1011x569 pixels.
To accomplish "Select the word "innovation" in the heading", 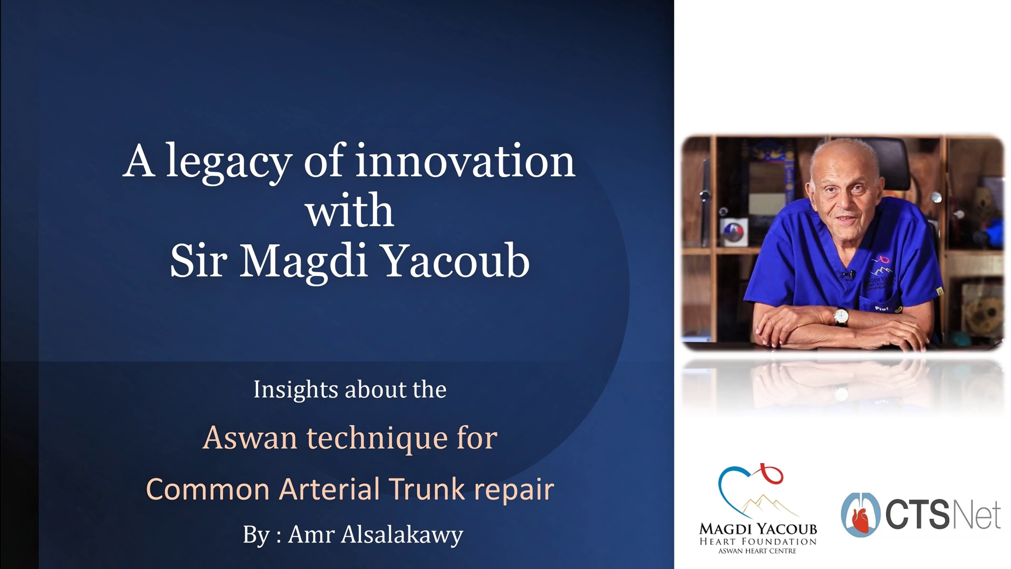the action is tap(465, 160).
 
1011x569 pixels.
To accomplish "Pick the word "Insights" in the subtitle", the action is tap(296, 390).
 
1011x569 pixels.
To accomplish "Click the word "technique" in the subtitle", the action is tap(378, 439).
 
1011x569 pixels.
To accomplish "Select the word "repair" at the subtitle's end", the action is tap(514, 491).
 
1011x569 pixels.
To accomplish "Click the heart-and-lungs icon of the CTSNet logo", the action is tap(861, 515).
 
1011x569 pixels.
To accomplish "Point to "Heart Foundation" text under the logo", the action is tap(758, 541).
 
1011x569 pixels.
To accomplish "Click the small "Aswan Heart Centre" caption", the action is tap(757, 551).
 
